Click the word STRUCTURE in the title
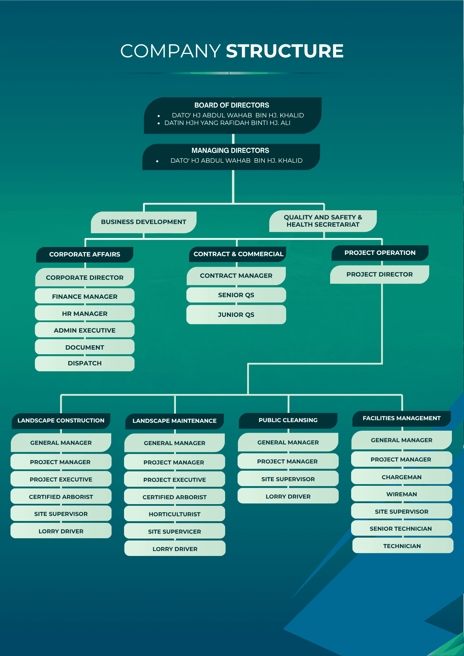click(x=285, y=51)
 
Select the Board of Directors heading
click(x=232, y=105)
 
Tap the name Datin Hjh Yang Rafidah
click(x=227, y=123)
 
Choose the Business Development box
click(x=143, y=222)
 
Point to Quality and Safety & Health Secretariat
click(x=323, y=221)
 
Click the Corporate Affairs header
click(x=85, y=255)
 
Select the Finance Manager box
click(x=85, y=297)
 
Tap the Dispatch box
click(x=85, y=363)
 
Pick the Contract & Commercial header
click(x=238, y=254)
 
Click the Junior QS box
click(x=236, y=315)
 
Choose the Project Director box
click(x=379, y=275)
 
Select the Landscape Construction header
click(x=61, y=421)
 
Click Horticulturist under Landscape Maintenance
click(x=175, y=514)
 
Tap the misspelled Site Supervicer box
click(x=175, y=532)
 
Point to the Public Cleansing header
click(x=288, y=420)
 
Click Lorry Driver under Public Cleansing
click(x=288, y=497)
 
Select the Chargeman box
click(x=401, y=477)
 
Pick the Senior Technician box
click(x=401, y=529)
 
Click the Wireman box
click(x=401, y=494)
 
